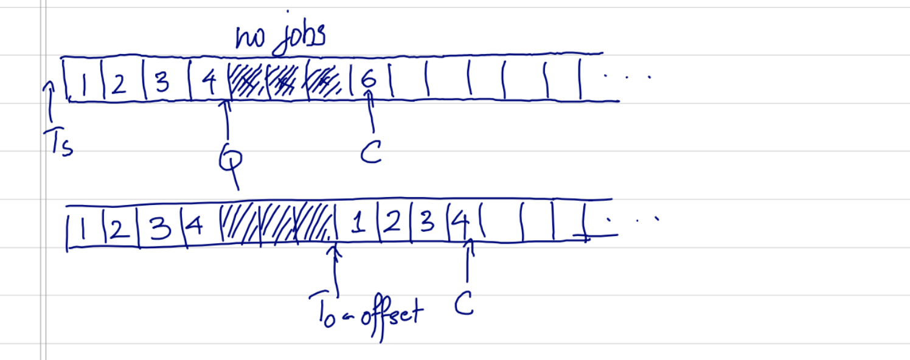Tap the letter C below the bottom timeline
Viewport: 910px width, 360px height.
464,306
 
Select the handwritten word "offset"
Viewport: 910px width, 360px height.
389,312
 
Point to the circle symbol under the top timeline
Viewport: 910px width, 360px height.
231,159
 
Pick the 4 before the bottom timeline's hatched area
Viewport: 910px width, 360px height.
194,227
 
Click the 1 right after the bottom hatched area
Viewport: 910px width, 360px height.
359,226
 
